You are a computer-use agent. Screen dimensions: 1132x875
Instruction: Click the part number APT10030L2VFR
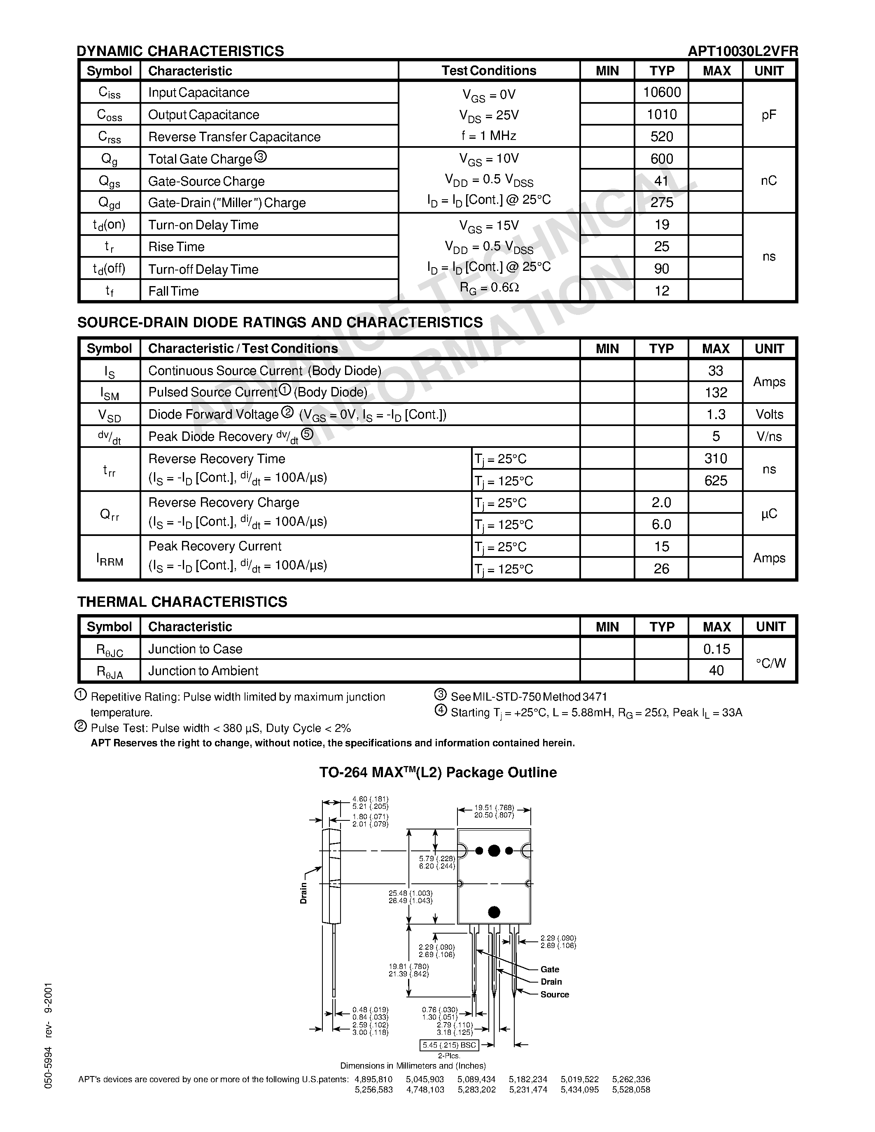click(x=742, y=51)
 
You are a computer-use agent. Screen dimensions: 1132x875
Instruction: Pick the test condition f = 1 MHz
click(x=488, y=136)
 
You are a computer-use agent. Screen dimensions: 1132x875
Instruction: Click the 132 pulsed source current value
click(x=716, y=393)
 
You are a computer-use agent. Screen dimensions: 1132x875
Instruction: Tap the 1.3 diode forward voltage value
click(x=716, y=415)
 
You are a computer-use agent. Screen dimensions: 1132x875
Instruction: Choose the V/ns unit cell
click(x=769, y=436)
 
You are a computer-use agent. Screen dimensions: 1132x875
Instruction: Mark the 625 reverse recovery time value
click(x=716, y=481)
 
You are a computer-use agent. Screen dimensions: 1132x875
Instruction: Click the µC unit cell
click(x=769, y=514)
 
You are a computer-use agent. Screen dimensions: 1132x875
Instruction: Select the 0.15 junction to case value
click(x=716, y=649)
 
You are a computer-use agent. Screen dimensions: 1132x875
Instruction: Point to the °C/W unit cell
click(x=770, y=663)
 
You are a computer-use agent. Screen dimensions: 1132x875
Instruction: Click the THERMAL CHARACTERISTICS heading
click(x=182, y=602)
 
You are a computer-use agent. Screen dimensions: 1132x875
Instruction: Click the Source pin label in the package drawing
click(x=554, y=994)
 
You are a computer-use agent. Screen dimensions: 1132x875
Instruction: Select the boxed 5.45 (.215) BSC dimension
click(x=449, y=1045)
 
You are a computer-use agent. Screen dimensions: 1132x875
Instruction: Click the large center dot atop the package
click(x=494, y=850)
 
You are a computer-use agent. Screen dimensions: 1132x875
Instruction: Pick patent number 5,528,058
click(x=631, y=1090)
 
